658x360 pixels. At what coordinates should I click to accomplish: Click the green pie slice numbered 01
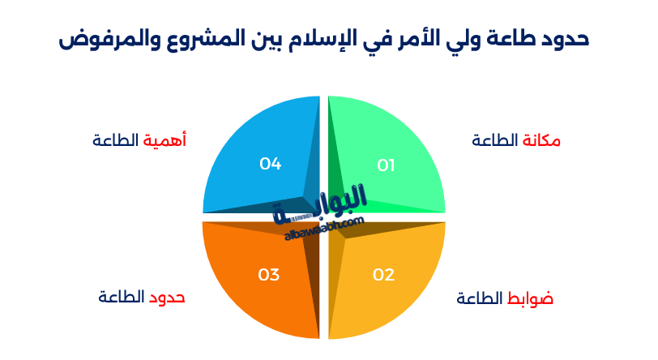[397, 146]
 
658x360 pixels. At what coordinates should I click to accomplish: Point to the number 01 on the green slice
[386, 165]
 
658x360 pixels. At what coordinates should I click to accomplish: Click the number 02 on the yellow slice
[383, 274]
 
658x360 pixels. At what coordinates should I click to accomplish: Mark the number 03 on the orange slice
[269, 274]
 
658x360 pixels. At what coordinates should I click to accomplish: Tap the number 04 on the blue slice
[270, 164]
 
